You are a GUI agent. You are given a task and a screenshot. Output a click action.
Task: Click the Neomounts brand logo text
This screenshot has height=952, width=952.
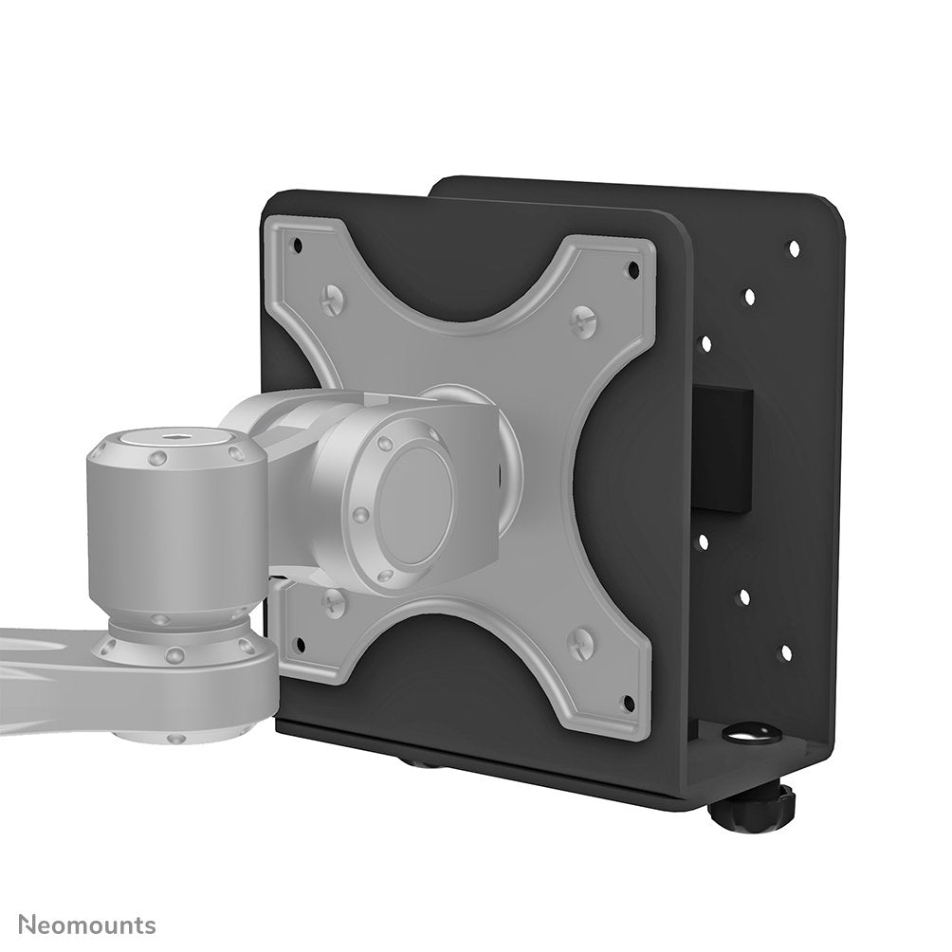[x=87, y=925]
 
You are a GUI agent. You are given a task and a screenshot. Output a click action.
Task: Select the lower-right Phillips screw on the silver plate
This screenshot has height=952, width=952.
[x=579, y=645]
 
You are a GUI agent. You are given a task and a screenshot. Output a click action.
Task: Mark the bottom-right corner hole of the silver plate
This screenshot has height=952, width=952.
[x=627, y=704]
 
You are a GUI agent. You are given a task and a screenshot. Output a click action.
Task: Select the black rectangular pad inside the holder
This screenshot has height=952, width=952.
[x=723, y=449]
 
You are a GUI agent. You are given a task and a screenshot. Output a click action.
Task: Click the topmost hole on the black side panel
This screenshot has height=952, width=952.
[x=793, y=248]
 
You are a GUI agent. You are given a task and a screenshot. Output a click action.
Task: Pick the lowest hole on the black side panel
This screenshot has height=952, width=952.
[x=785, y=652]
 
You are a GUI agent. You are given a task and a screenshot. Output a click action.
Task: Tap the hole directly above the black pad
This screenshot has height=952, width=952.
[x=705, y=344]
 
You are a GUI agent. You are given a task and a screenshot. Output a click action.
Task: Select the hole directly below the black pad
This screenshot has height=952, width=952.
[x=703, y=541]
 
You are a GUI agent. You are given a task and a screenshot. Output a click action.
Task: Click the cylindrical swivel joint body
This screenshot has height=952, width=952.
[x=176, y=531]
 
